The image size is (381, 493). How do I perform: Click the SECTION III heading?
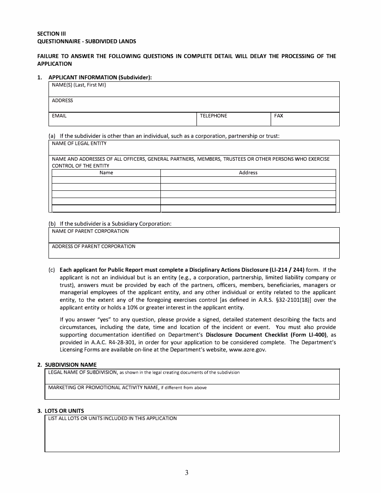51,34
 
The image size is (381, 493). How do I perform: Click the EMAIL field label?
59,116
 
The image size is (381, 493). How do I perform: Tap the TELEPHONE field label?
213,116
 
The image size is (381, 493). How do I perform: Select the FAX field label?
279,116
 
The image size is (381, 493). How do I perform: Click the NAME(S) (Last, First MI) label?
79,85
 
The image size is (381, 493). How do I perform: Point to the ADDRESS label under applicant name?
63,101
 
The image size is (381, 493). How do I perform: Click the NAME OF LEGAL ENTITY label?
79,143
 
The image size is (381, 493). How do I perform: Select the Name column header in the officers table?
106,173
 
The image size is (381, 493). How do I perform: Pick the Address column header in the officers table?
248,173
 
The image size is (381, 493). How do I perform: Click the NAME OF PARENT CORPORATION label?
90,231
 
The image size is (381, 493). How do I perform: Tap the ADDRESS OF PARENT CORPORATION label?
93,246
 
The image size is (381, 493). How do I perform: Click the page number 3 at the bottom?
187,473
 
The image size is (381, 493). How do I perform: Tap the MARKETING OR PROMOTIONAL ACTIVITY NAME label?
103,388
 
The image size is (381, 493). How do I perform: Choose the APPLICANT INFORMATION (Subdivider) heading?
100,77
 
